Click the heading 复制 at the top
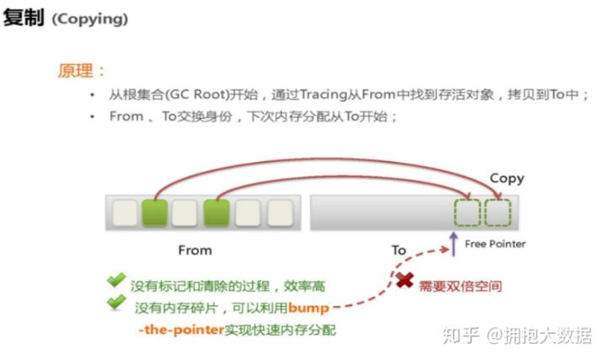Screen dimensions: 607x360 23,18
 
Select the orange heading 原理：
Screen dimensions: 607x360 83,71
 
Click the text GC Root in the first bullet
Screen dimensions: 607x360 191,95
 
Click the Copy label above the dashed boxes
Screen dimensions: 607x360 507,178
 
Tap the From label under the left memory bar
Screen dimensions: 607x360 195,250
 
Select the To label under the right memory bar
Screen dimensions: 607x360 399,250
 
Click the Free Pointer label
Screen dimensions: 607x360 495,244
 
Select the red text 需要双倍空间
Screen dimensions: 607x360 460,286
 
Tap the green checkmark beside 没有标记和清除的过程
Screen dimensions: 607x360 115,280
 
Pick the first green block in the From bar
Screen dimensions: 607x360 153,212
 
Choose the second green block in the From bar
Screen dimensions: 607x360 216,212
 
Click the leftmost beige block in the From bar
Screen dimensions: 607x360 123,212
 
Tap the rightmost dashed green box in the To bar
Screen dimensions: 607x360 497,212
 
